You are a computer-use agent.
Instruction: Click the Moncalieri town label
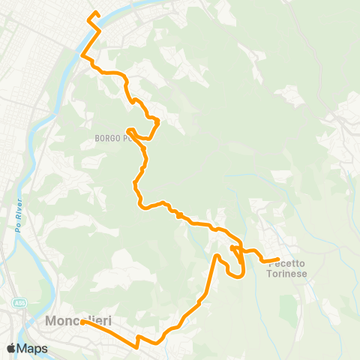78,321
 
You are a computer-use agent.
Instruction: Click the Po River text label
17,218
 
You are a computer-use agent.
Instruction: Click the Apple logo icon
11,348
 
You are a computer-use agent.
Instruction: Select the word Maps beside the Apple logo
32,348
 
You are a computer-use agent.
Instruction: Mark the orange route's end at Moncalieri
82,323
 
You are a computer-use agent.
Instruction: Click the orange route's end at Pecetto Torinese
278,259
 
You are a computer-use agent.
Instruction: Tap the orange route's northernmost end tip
95,12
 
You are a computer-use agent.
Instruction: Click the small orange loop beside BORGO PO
133,132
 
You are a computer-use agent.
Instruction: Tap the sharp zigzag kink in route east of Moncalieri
138,345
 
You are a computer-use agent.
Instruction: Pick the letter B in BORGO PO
97,139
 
